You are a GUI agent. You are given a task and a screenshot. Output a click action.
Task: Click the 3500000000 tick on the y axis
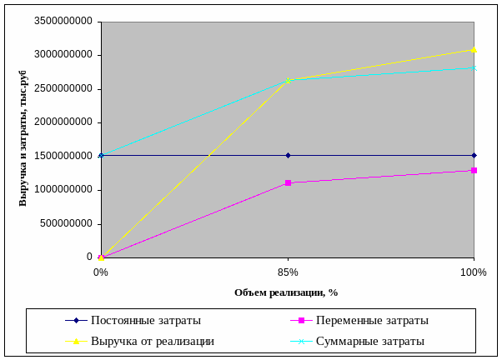[x=64, y=22]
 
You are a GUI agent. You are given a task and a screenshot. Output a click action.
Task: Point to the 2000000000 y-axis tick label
[x=64, y=122]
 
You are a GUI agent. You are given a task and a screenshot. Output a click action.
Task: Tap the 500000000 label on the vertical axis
[x=67, y=223]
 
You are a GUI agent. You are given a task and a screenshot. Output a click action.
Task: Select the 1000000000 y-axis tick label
[x=64, y=190]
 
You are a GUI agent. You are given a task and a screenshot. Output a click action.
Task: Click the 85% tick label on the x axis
[x=288, y=272]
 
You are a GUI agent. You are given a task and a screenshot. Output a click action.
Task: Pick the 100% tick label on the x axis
[x=474, y=272]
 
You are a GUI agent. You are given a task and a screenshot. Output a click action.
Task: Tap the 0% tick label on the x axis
[x=101, y=272]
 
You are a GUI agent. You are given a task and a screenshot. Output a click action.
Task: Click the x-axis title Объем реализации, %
[x=286, y=292]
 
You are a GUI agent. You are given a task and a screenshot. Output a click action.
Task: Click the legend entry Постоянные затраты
[x=146, y=320]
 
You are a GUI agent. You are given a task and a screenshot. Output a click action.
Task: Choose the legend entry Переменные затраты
[x=372, y=320]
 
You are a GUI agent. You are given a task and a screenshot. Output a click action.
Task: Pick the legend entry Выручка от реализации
[x=153, y=341]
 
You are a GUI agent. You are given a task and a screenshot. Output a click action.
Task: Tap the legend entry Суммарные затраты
[x=370, y=341]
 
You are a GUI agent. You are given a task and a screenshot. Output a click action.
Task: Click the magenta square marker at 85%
[x=288, y=182]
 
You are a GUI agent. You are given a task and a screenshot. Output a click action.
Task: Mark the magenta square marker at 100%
[x=474, y=171]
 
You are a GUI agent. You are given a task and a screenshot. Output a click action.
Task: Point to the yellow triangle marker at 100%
[x=474, y=50]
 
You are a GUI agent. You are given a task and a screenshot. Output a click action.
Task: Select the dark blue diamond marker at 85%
[x=288, y=155]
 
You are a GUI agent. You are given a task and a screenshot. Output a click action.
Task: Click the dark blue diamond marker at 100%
[x=474, y=155]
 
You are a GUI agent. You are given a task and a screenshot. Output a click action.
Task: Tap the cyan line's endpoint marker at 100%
[x=474, y=68]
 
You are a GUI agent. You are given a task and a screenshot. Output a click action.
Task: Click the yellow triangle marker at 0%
[x=101, y=257]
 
